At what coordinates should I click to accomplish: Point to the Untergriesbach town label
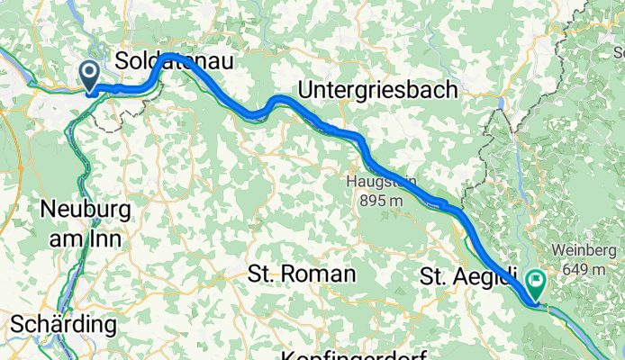coord(377,91)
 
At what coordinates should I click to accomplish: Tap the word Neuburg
coord(86,210)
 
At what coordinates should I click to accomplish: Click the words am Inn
coord(86,237)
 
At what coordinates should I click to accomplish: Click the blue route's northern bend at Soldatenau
coord(169,58)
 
